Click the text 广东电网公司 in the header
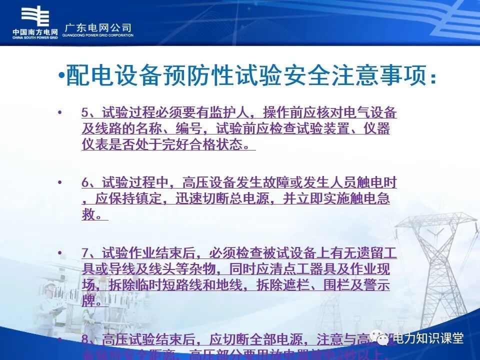click(x=98, y=27)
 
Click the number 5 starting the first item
click(x=85, y=113)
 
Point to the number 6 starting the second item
click(x=85, y=183)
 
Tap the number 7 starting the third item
click(x=85, y=253)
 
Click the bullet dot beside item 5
click(x=60, y=112)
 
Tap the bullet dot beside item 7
click(x=60, y=252)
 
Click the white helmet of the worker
click(x=49, y=288)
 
